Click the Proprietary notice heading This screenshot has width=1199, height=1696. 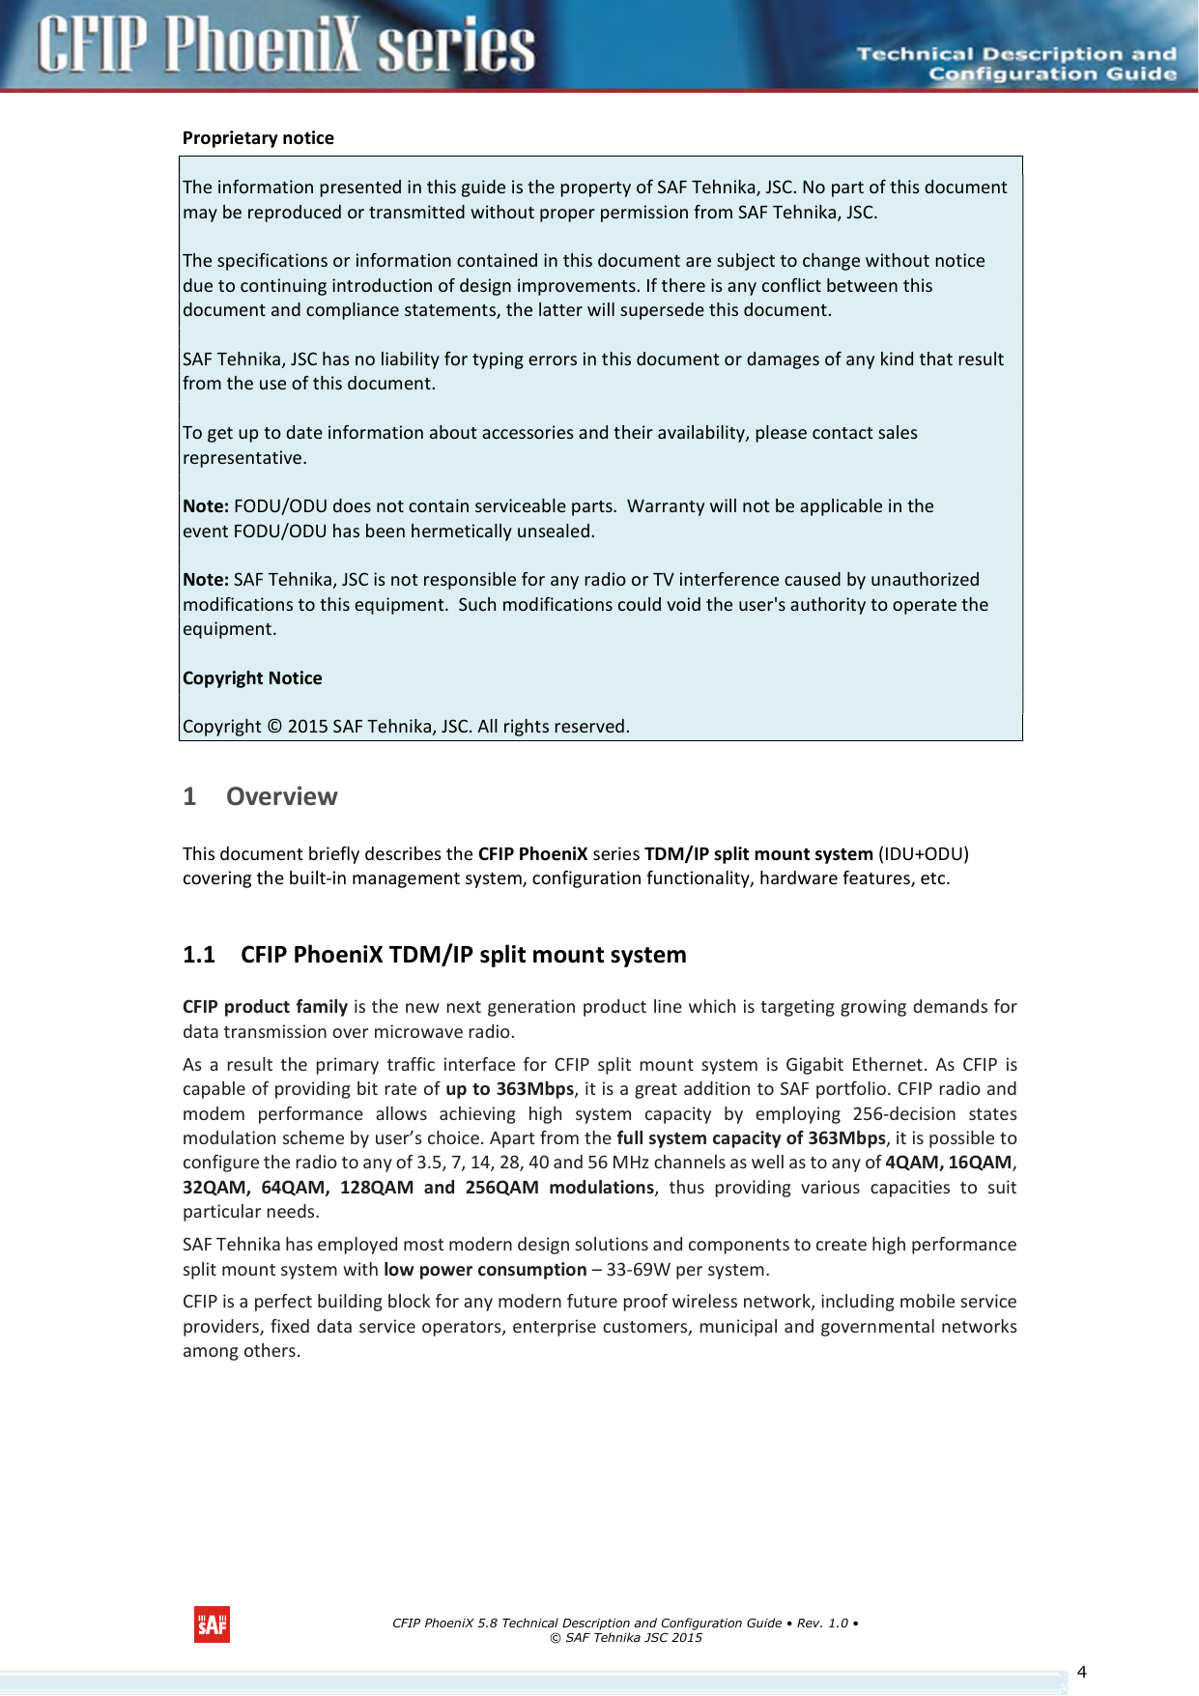258,138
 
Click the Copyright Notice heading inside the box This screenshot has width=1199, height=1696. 252,678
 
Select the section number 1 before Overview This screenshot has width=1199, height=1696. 189,797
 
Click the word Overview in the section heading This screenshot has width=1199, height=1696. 281,797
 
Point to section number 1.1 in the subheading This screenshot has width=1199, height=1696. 198,955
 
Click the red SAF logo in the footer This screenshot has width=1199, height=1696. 212,1624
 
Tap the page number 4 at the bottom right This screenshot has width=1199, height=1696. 1081,1672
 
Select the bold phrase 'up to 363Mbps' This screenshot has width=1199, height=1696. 509,1089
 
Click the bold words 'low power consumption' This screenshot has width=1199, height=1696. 484,1270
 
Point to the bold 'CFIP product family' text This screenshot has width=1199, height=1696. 265,1007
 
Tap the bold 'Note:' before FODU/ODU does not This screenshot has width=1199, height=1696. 205,506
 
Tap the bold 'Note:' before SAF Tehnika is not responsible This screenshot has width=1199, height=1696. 205,580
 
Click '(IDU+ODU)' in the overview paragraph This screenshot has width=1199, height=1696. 923,854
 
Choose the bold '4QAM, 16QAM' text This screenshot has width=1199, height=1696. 948,1163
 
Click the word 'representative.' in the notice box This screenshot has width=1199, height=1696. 244,458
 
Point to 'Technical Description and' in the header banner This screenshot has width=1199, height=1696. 1016,54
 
